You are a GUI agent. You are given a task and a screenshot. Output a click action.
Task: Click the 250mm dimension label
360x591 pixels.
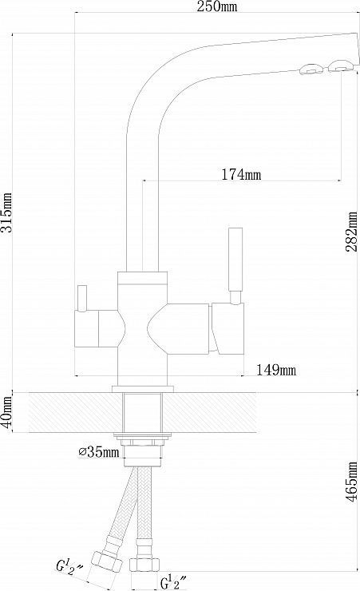(x=217, y=6)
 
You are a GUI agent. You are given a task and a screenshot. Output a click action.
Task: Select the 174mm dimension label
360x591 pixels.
(x=240, y=174)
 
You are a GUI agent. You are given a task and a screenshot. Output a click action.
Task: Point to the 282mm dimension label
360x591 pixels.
(x=352, y=232)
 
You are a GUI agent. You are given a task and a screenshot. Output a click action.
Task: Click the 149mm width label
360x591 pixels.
(x=276, y=370)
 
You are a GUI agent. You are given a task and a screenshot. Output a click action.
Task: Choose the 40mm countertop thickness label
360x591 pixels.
(x=6, y=412)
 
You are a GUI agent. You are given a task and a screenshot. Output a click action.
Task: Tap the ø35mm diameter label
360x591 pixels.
(x=99, y=451)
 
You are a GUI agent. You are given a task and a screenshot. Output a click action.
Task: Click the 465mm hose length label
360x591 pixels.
(x=352, y=482)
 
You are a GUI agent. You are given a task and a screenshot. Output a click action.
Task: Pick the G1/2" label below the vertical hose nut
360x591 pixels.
(x=173, y=582)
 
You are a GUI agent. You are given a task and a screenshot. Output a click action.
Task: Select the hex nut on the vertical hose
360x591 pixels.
(x=144, y=564)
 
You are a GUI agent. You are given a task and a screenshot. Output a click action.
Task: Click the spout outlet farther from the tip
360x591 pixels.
(x=311, y=69)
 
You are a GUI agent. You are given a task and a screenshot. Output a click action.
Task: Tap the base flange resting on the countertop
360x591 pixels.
(x=143, y=389)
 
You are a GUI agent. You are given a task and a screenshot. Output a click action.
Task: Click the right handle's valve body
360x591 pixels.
(x=228, y=328)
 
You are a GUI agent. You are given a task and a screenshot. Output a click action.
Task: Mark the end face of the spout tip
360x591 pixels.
(x=355, y=53)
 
